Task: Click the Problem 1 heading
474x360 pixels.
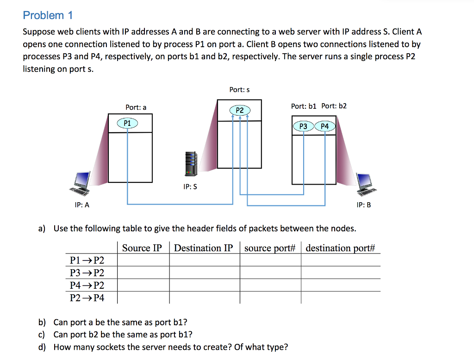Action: [48, 15]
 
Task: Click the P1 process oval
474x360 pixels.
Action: [127, 123]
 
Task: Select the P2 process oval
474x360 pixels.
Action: [239, 110]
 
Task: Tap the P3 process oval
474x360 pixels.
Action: [303, 126]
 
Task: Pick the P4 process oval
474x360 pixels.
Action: [324, 126]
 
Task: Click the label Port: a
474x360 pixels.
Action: [136, 107]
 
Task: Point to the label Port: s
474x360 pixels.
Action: [239, 90]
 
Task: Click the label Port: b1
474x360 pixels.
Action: [304, 106]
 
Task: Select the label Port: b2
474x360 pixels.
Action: [334, 106]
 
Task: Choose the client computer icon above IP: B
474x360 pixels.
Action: [366, 183]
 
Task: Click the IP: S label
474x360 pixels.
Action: [190, 187]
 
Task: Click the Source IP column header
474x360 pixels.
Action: [142, 248]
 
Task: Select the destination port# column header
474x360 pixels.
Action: [340, 248]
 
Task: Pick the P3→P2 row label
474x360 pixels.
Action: [87, 273]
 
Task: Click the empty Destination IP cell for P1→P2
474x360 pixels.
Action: [204, 260]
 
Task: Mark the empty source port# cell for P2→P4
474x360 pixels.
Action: [270, 298]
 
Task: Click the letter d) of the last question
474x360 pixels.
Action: [42, 347]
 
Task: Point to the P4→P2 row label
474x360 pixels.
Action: [87, 286]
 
